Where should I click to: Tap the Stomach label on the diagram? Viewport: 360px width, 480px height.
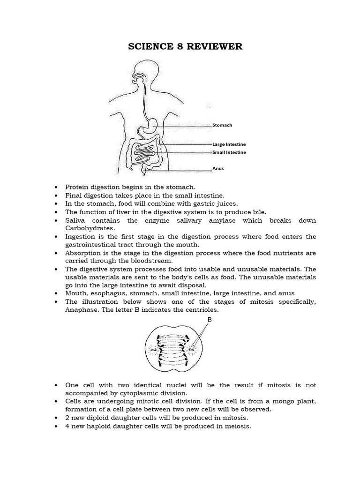pyautogui.click(x=222, y=125)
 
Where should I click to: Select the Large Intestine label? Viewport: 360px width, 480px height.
pyautogui.click(x=229, y=144)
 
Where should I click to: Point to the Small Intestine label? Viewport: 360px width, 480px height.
pyautogui.click(x=229, y=152)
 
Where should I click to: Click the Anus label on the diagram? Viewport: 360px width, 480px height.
pyautogui.click(x=218, y=169)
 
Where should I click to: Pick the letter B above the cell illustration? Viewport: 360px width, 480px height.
pyautogui.click(x=210, y=319)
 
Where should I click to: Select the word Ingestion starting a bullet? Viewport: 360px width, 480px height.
pyautogui.click(x=81, y=236)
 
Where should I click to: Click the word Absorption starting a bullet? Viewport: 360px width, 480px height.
pyautogui.click(x=83, y=253)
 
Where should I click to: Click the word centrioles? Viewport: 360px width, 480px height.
pyautogui.click(x=203, y=310)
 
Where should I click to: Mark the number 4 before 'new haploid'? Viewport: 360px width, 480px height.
pyautogui.click(x=67, y=426)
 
